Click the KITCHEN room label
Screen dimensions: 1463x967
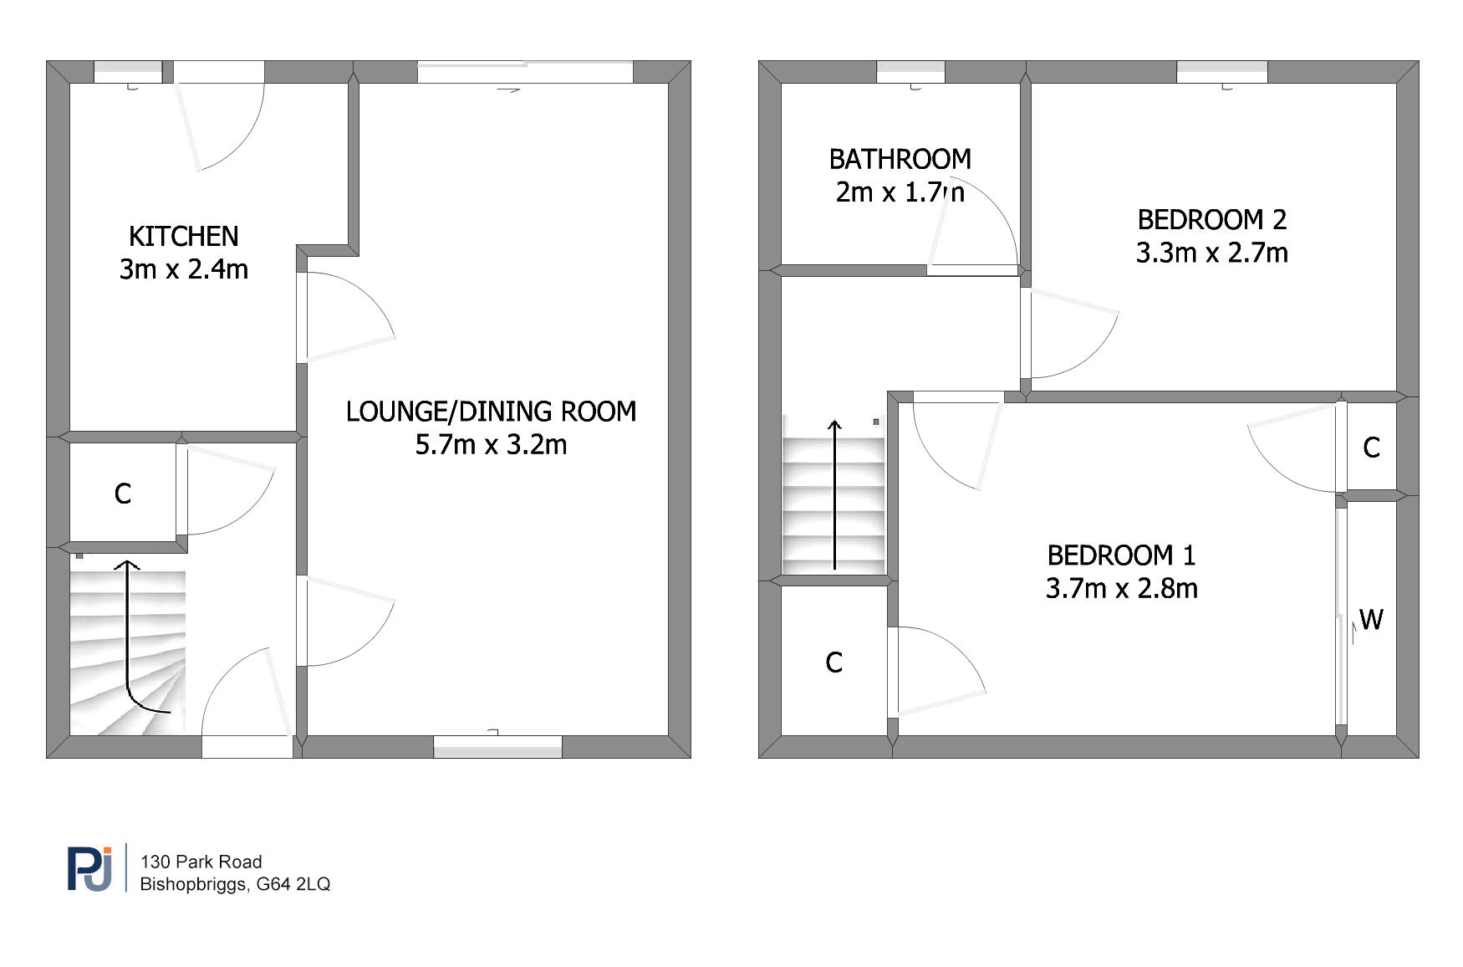coord(184,237)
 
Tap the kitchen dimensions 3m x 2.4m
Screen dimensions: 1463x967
coord(184,269)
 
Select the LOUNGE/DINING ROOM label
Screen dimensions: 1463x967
coord(492,412)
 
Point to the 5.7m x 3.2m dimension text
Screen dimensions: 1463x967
coord(492,444)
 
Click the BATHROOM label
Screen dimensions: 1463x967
coord(900,159)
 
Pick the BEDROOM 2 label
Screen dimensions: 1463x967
coord(1212,220)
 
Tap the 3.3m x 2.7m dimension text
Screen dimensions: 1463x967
coord(1212,253)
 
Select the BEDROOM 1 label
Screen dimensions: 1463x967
coord(1122,555)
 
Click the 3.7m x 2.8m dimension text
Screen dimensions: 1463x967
coord(1122,588)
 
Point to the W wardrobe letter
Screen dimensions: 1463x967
coord(1371,620)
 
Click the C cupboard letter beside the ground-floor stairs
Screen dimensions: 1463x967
coord(123,494)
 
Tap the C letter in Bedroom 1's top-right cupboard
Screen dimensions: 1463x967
coord(1372,448)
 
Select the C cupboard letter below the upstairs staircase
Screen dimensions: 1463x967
coord(833,663)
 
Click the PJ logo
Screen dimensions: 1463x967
coord(90,868)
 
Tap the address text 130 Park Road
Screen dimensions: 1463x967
coord(201,862)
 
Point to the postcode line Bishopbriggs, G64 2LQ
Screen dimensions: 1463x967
coord(235,884)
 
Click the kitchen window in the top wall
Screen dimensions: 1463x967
coord(128,72)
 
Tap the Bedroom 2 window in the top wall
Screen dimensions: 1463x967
coord(1222,72)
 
